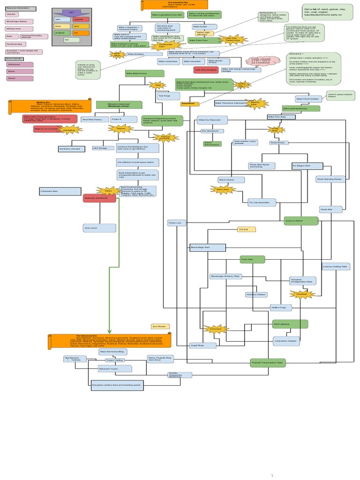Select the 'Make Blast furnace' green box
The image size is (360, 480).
pos(145,74)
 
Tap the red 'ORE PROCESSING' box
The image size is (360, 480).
pos(206,69)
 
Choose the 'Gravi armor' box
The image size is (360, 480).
pos(99,228)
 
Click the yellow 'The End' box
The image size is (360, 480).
pos(246,229)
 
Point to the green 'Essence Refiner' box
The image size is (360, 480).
pos(301,221)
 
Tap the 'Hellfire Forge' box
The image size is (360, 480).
pos(281,308)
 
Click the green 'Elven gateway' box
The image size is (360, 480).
pos(290,324)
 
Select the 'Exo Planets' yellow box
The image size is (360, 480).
pos(160,326)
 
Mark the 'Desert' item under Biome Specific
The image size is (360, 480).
pos(19,78)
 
